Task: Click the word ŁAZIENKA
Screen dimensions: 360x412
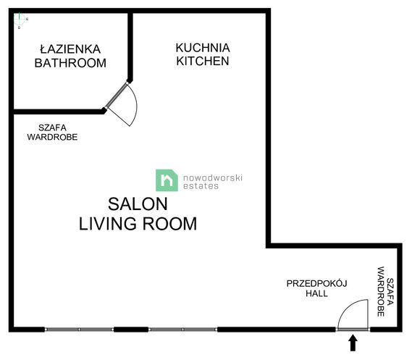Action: tap(70, 49)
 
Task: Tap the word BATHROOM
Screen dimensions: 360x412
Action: tap(70, 63)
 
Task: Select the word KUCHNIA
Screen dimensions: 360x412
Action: tap(203, 47)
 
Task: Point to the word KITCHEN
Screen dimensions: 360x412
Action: tap(203, 62)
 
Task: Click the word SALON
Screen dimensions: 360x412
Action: tap(138, 204)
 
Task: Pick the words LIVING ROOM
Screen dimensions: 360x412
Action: tap(138, 224)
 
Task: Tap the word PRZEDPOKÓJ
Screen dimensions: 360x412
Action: tap(316, 282)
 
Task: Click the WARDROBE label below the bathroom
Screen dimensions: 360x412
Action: tap(52, 137)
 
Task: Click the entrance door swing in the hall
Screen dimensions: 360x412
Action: tap(353, 316)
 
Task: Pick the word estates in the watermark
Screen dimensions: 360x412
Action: tap(200, 185)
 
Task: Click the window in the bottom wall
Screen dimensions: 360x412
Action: tap(131, 330)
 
